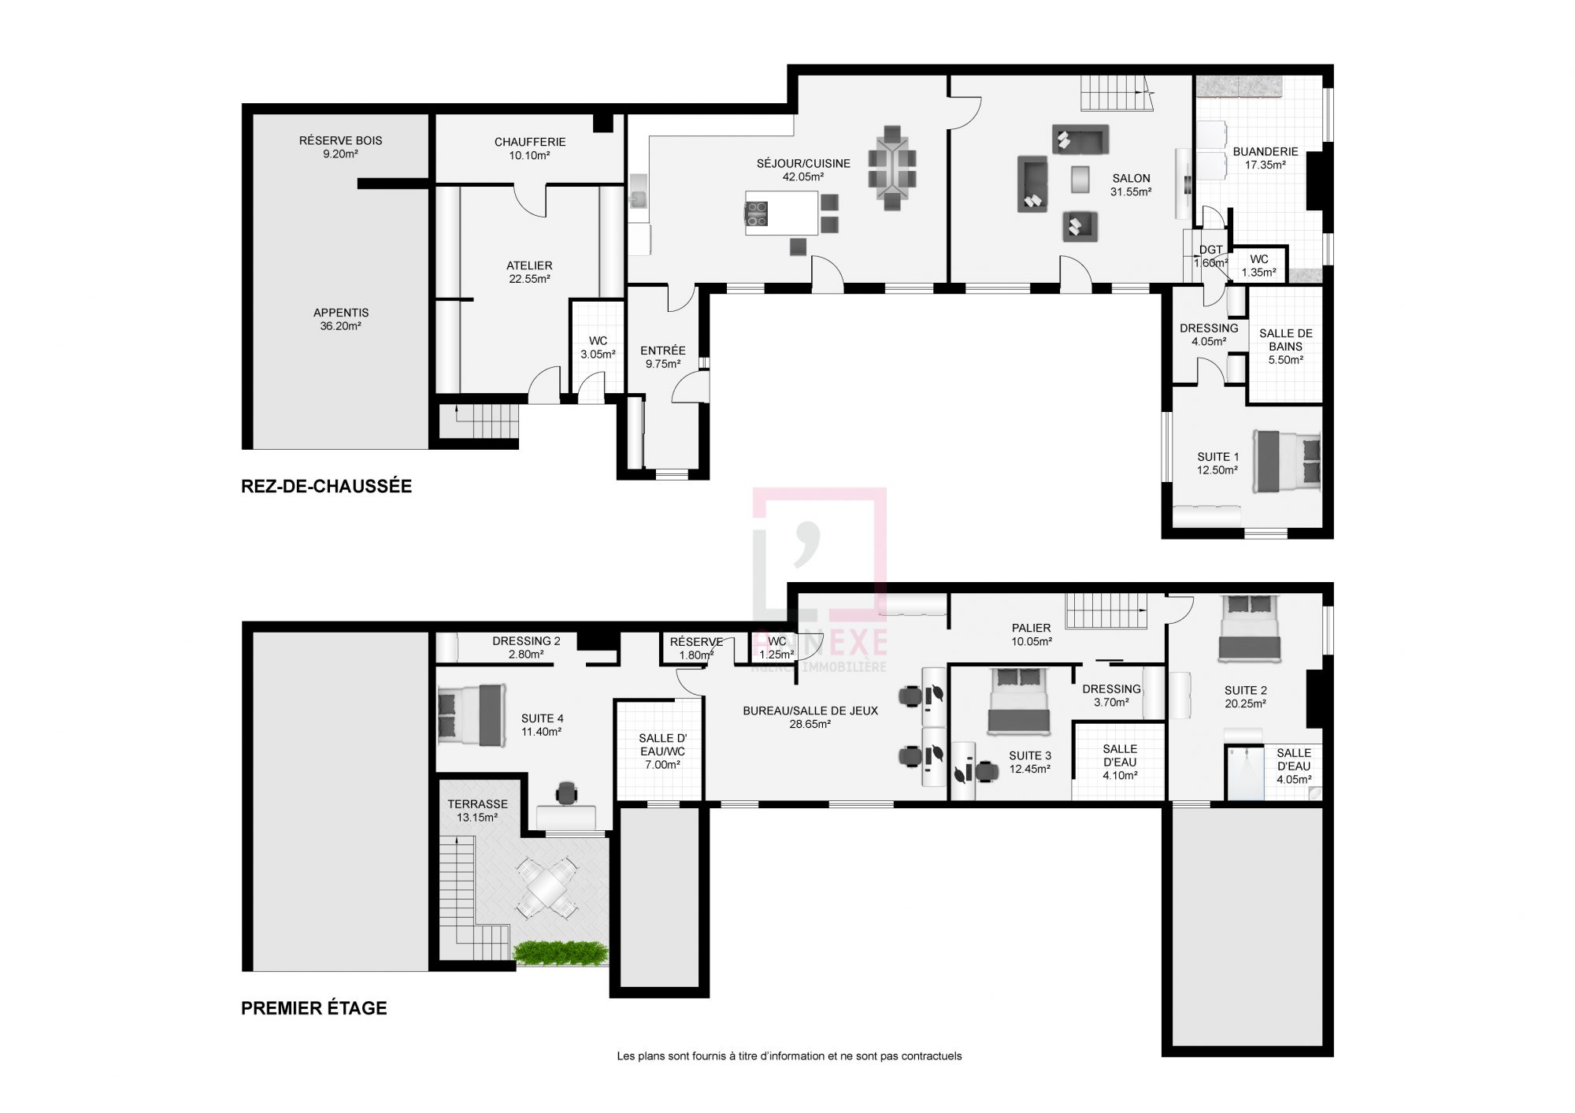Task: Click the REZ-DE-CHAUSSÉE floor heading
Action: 326,486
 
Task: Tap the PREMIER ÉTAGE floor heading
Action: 314,1008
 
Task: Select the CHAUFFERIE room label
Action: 530,142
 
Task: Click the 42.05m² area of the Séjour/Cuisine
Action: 803,177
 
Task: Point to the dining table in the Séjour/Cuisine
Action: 892,168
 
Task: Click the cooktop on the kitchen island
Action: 757,214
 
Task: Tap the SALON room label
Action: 1131,178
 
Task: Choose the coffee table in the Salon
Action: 1081,179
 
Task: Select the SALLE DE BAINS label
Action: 1286,339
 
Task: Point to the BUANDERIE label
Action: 1266,151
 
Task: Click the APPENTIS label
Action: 341,313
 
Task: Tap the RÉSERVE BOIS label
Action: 341,140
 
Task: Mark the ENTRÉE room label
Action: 663,351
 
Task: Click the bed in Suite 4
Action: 470,714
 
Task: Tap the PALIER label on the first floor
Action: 1032,628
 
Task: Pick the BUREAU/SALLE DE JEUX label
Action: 810,710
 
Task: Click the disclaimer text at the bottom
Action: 789,1056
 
